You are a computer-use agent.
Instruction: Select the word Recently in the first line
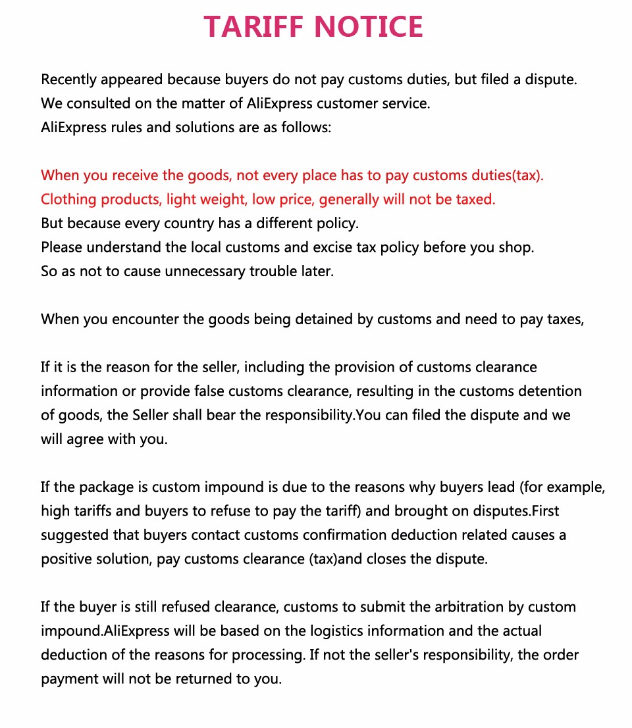(69, 80)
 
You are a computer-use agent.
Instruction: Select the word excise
(368, 248)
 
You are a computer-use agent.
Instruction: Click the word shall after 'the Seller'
(203, 416)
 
